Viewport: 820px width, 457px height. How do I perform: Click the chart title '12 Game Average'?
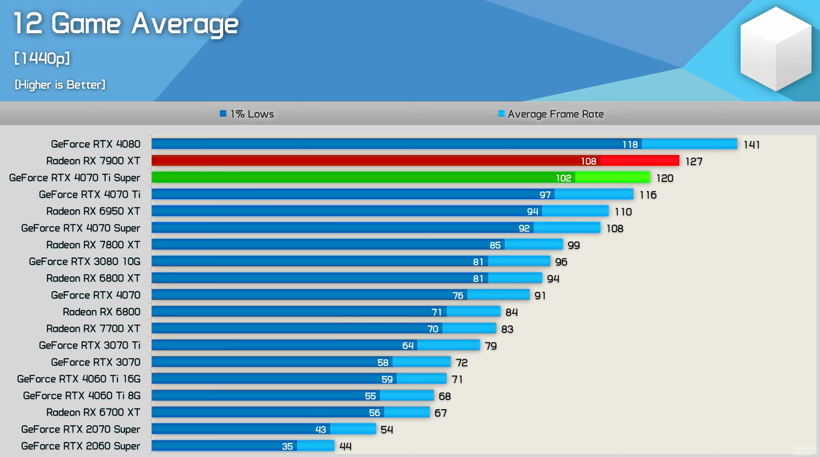126,25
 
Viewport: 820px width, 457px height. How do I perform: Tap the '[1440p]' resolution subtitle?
42,58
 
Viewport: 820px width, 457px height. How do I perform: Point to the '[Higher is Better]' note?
60,85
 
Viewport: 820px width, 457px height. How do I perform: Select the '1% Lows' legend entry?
247,114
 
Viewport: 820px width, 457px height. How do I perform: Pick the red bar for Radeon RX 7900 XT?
415,161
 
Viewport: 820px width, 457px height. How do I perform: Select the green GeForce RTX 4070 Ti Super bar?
401,178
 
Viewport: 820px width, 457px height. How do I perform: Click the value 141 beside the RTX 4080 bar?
751,145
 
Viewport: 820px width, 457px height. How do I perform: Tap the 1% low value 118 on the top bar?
630,145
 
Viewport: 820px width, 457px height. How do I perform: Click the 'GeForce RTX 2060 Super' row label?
80,446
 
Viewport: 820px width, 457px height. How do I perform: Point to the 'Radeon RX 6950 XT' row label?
93,211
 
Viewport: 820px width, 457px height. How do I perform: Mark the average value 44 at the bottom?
346,447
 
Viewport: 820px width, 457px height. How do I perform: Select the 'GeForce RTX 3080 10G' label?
84,261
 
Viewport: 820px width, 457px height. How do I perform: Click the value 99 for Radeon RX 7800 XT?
573,245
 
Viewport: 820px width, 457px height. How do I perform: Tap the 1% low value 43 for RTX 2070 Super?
320,430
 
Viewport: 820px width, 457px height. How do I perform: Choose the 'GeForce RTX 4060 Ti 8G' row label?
82,395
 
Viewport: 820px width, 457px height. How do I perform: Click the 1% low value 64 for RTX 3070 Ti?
408,346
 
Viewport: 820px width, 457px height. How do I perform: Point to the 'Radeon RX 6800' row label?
101,312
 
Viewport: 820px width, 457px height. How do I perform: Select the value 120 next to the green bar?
664,178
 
